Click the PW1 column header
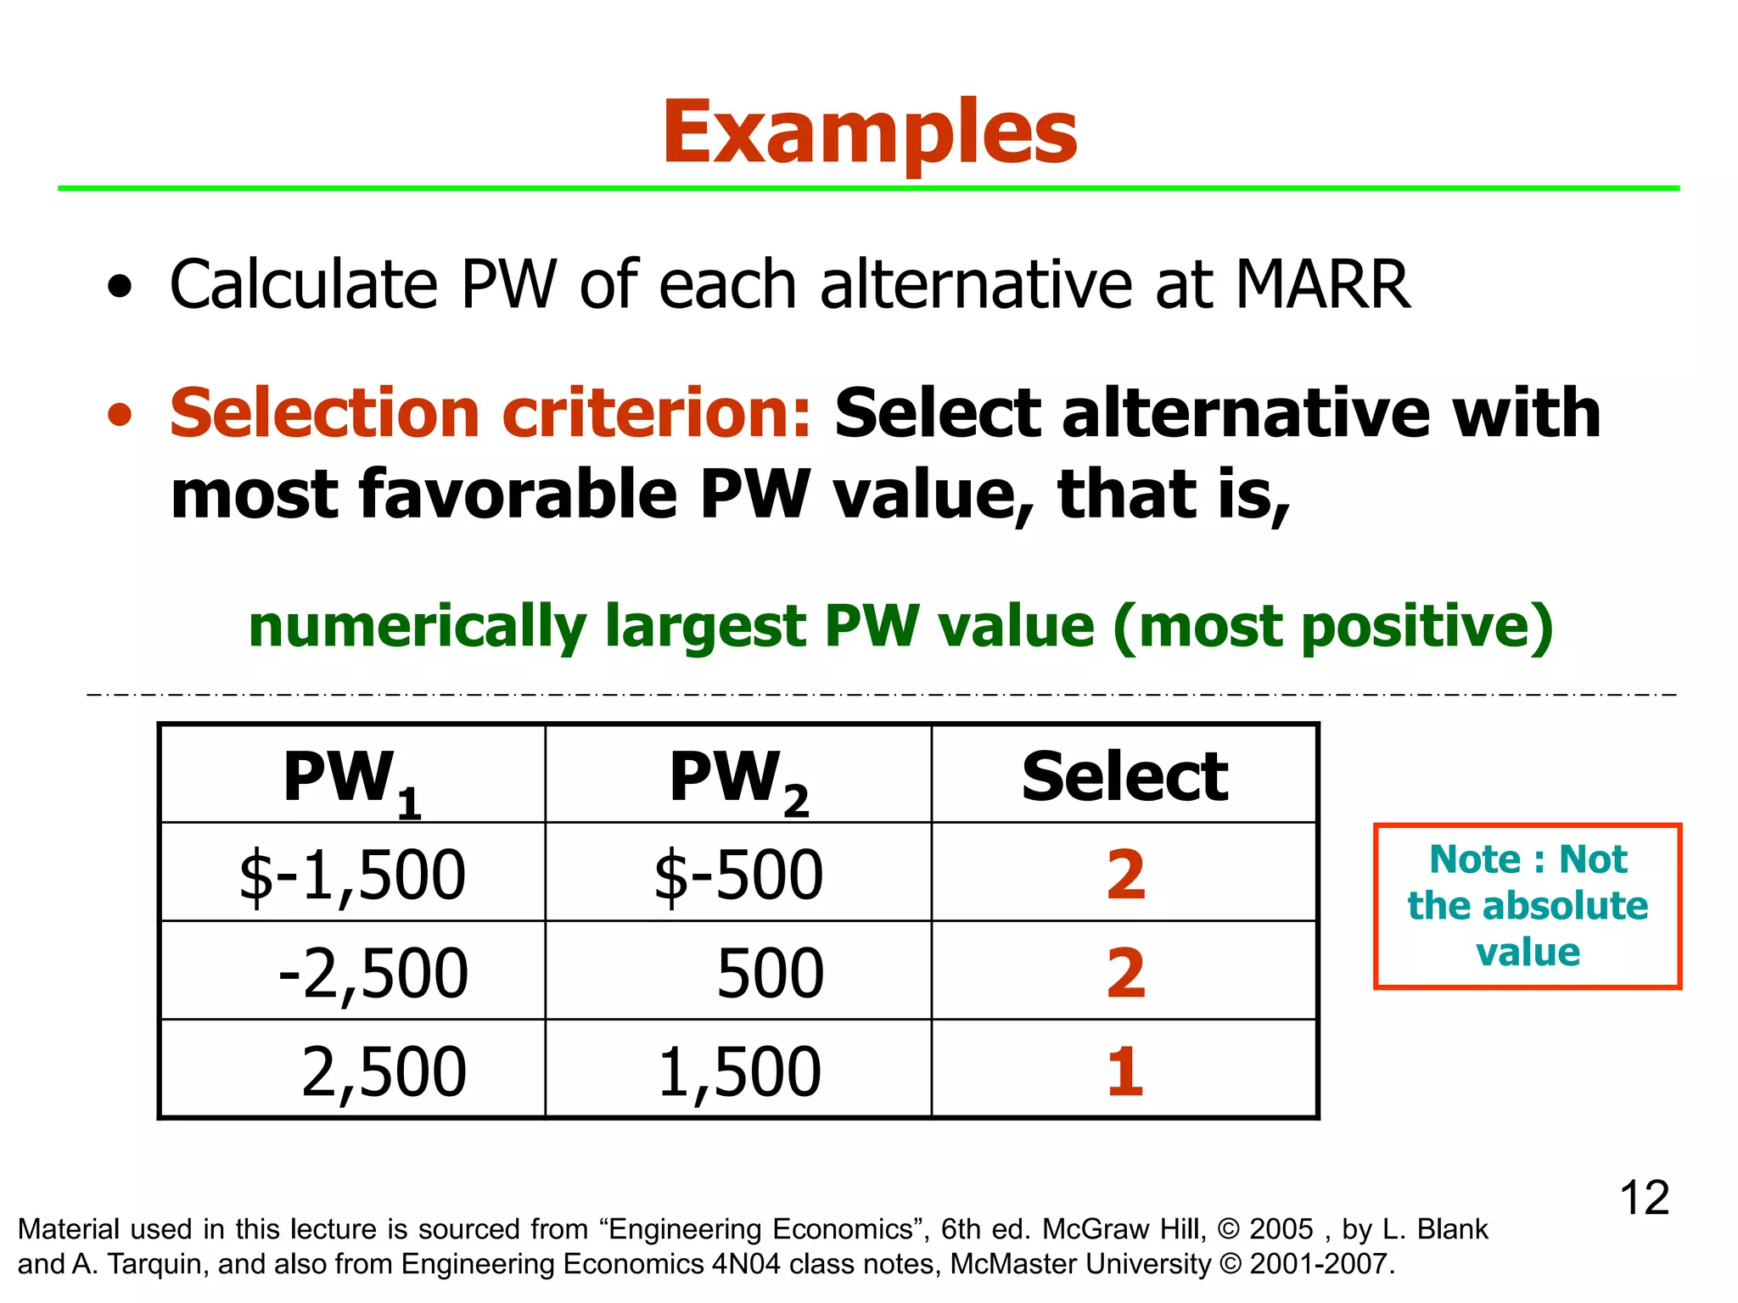pos(351,779)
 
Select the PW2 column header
pos(738,779)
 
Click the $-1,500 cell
pos(352,875)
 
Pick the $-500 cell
pos(738,875)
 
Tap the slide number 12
pos(1644,1198)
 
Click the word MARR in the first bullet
pos(1322,284)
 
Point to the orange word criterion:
pos(657,413)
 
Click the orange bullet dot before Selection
pos(121,415)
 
